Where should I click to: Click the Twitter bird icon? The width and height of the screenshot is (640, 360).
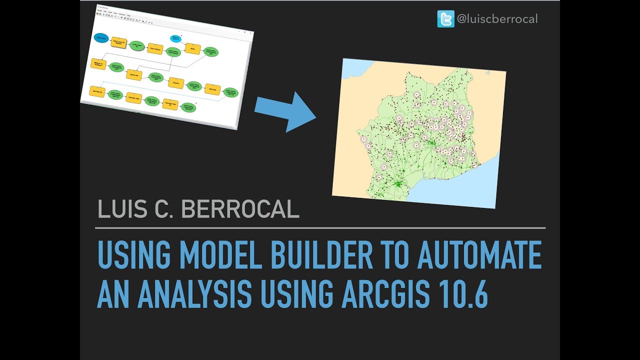pyautogui.click(x=445, y=19)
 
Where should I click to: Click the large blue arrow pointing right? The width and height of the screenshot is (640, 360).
pyautogui.click(x=285, y=112)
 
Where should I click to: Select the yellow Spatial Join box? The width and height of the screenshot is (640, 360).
pyautogui.click(x=134, y=75)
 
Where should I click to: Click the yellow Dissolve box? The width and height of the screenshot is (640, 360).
pyautogui.click(x=176, y=82)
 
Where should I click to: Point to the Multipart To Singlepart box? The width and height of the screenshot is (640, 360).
pyautogui.click(x=98, y=63)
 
